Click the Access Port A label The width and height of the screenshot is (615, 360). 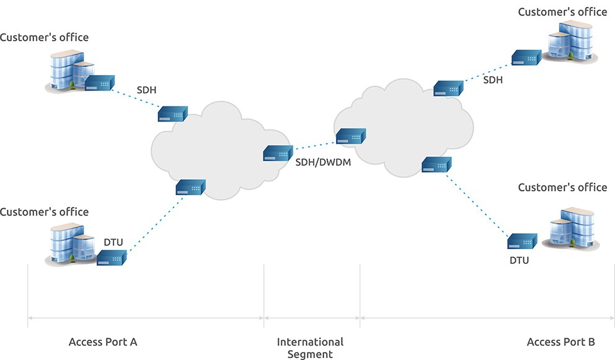(102, 341)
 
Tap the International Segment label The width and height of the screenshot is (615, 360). (310, 348)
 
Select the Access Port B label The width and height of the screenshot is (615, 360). (560, 341)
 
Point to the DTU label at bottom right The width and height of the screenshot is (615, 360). (519, 260)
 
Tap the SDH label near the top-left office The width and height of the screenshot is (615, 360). (146, 90)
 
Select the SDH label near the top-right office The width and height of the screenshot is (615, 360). (493, 80)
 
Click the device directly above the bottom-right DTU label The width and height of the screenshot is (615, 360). (521, 241)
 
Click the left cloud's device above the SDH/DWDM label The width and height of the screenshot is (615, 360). (278, 152)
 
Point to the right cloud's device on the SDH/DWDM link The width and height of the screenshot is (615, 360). (351, 136)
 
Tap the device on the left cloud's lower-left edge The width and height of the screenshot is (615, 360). (190, 187)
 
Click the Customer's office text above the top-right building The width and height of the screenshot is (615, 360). (562, 12)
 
